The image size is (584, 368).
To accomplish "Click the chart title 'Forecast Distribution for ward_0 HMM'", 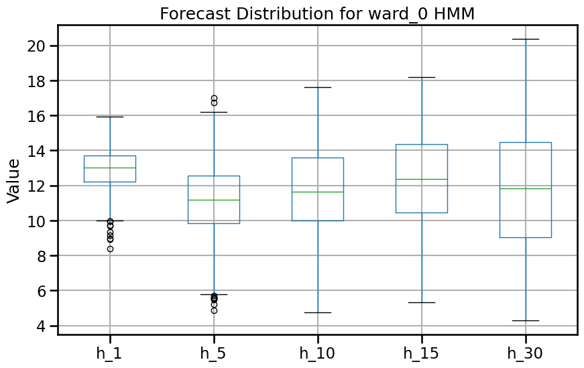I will coord(317,14).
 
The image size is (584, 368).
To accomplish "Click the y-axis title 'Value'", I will coord(13,180).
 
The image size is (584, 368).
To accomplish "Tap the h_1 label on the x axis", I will coord(110,353).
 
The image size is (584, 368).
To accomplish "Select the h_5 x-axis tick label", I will coord(214,353).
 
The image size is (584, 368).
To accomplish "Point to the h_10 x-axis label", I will coord(318,353).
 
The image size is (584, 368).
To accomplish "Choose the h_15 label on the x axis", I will coord(422,353).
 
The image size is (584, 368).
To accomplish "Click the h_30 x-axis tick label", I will coord(526,353).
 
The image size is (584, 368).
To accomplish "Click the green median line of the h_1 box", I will coord(110,168).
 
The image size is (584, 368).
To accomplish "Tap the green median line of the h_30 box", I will coord(526,188).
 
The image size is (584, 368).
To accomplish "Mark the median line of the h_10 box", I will coord(318,192).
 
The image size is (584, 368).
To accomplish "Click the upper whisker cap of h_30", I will coord(526,39).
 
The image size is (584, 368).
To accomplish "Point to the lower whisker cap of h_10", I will coord(318,312).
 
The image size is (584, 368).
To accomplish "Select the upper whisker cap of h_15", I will coord(422,77).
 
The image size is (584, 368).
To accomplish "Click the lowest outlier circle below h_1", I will coord(110,249).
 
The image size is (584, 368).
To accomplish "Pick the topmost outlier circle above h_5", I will coord(214,98).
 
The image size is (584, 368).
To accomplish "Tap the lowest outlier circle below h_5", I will coord(214,310).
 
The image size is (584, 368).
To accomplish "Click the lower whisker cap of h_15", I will coord(422,302).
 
